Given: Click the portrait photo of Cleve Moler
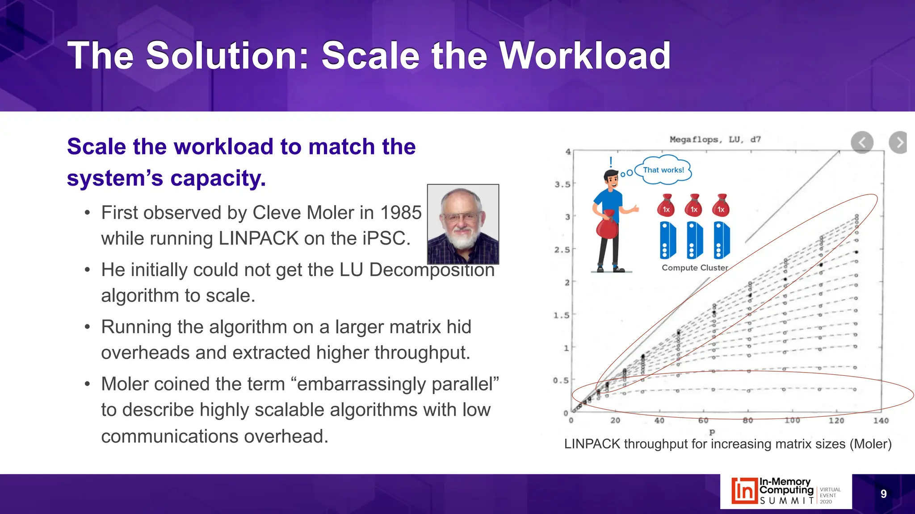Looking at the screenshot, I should pos(463,224).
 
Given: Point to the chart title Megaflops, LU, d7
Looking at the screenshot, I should pos(715,140).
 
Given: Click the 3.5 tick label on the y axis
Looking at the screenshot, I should pos(562,184).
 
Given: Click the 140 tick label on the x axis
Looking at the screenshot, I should pos(881,420).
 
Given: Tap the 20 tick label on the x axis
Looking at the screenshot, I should pos(615,420).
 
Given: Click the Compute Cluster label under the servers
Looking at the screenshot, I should pos(695,268).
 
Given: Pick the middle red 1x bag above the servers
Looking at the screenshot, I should pos(694,206).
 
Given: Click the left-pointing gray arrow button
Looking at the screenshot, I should pos(862,143).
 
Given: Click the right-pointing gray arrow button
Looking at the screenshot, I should pos(898,143).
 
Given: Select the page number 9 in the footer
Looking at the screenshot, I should pos(883,494).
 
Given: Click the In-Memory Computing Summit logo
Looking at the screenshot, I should pos(785,491).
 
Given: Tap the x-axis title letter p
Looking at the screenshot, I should pos(712,432).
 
